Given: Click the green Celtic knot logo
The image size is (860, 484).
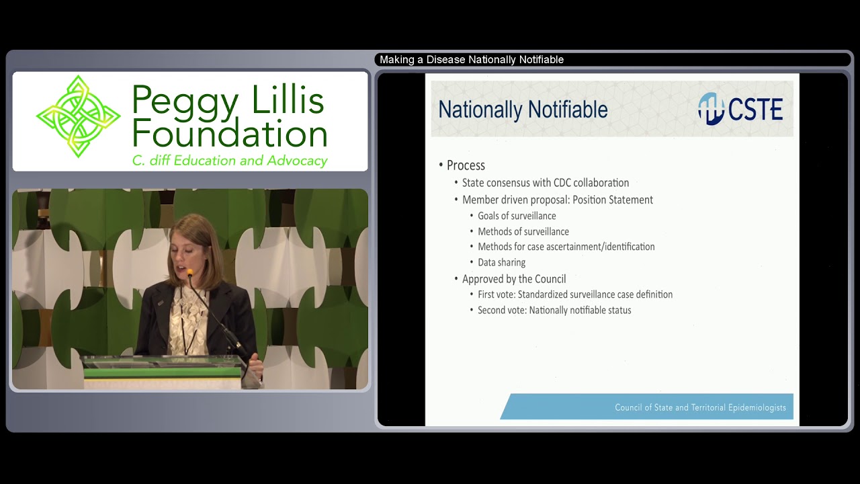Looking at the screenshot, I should pos(78,116).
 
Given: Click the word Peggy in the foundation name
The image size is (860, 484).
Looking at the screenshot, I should pos(185,102).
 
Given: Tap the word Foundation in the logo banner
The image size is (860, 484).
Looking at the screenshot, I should pos(229,134).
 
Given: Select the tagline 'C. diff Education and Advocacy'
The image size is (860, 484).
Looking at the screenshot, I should pos(229,161).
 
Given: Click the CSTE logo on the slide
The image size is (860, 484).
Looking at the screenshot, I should pos(740,109).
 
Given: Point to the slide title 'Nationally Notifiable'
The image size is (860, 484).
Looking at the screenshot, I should pos(523,110).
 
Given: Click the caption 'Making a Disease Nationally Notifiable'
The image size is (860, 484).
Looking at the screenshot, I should pos(472,60).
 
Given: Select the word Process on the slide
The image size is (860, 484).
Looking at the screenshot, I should pos(466,165).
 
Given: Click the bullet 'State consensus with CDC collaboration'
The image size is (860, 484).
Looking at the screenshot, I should pos(546,183).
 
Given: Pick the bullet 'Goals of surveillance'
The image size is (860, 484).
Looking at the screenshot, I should pos(517,216).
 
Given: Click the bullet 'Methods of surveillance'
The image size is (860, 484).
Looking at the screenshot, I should pos(523,231).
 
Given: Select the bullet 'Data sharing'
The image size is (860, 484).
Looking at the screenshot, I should pos(501,262).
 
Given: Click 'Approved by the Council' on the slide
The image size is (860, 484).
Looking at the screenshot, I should pos(514,279).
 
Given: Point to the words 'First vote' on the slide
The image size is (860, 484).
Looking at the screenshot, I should pos(495,294).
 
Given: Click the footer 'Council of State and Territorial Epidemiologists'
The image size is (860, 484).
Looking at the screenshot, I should pos(700,407).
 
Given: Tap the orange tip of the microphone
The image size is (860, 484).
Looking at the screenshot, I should pos(190,273).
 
